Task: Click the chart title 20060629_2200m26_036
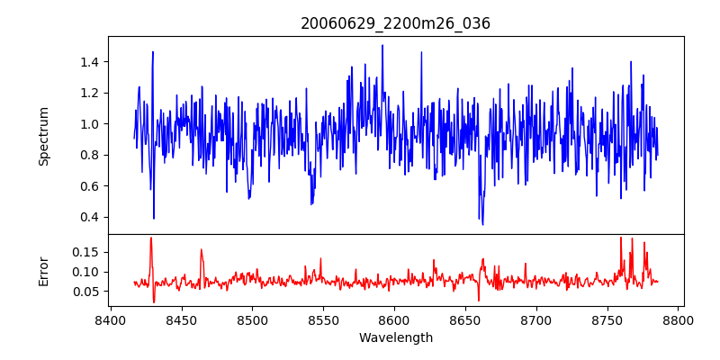point(396,23)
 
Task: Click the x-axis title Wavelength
point(396,337)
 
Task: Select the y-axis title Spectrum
point(44,136)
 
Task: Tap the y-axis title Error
point(44,270)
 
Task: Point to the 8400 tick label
point(110,319)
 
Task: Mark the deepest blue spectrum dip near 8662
point(482,224)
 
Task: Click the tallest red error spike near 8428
point(151,238)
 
